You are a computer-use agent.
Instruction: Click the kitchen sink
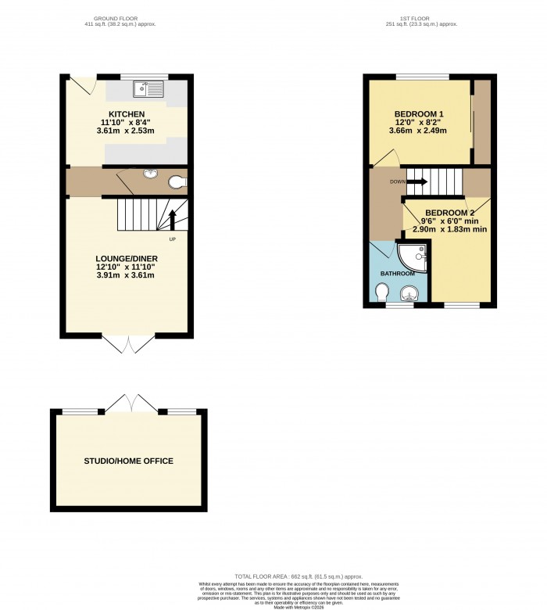[147, 88]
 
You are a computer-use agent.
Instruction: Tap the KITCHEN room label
[126, 114]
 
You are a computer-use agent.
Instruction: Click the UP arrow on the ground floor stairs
[173, 218]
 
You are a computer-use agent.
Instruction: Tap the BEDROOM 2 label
[451, 213]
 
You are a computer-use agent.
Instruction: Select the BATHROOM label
[397, 274]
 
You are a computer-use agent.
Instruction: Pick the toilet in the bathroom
[382, 292]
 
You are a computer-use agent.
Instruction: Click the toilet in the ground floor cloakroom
[177, 183]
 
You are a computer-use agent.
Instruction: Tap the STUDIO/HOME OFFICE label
[129, 461]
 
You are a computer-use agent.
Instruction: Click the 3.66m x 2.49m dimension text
[417, 131]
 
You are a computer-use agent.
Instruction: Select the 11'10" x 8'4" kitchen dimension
[126, 122]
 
